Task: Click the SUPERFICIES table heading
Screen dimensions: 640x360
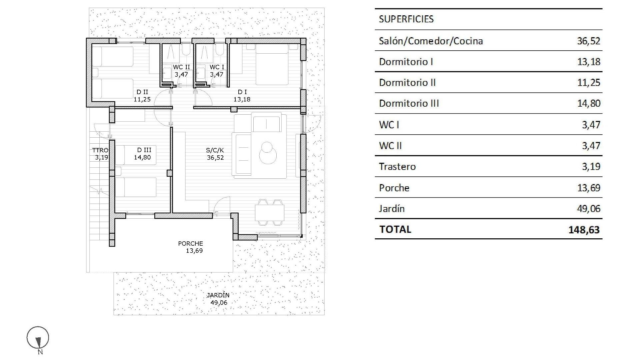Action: [x=406, y=19]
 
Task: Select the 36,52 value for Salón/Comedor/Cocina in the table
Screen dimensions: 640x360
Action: [x=589, y=41]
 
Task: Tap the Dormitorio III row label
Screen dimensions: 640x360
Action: [x=409, y=103]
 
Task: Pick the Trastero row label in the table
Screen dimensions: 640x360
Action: [x=397, y=167]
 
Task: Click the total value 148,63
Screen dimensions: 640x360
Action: [x=584, y=230]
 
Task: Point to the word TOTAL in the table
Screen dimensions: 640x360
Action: [x=395, y=229]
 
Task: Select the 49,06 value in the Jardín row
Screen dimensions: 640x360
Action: [x=589, y=209]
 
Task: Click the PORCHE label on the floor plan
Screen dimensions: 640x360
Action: [x=190, y=244]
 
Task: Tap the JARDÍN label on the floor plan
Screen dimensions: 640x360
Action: [x=218, y=295]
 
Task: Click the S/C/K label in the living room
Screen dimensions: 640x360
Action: [x=215, y=150]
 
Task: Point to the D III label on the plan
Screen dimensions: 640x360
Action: [x=144, y=150]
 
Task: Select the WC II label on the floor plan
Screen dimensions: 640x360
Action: [x=181, y=67]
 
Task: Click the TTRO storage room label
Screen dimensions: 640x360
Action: [x=100, y=150]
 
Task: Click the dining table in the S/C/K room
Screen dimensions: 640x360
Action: [x=270, y=212]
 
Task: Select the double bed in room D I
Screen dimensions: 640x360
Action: [x=272, y=65]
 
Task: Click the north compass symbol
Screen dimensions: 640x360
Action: [x=38, y=338]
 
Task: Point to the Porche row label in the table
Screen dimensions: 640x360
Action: [x=394, y=188]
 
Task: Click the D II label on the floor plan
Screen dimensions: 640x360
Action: [x=142, y=92]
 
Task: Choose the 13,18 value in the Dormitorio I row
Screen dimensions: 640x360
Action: [x=589, y=62]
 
